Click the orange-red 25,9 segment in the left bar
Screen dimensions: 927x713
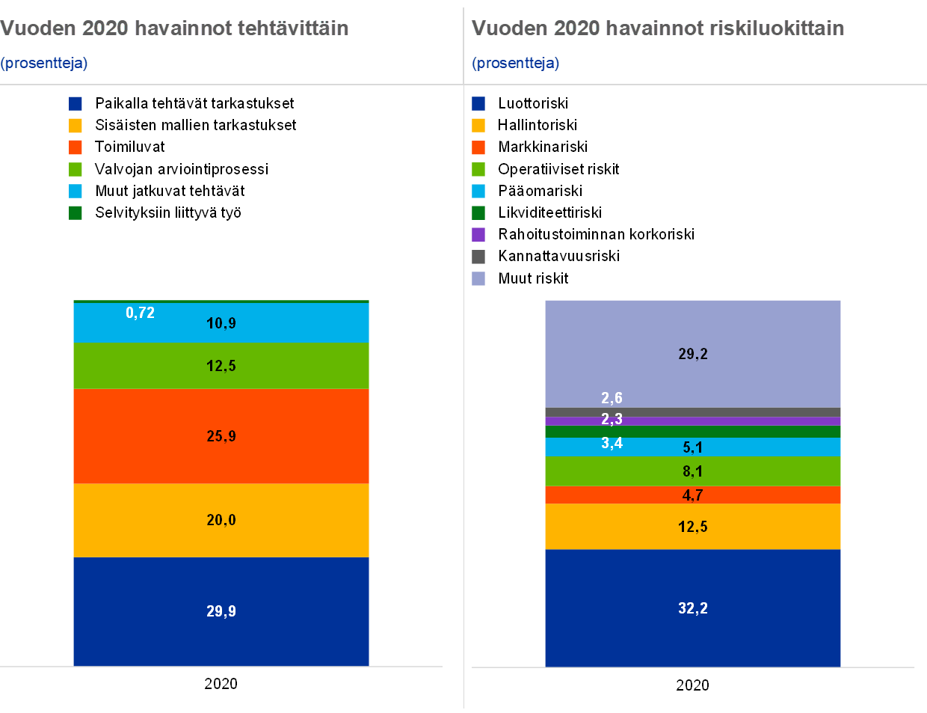pyautogui.click(x=221, y=436)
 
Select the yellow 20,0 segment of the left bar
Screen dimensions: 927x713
pyautogui.click(x=221, y=520)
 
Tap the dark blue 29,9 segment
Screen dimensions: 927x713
pyautogui.click(x=221, y=611)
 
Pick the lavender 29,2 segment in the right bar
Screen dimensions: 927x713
pyautogui.click(x=693, y=354)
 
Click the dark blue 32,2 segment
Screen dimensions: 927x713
pyautogui.click(x=693, y=608)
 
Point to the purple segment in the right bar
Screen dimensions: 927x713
pyautogui.click(x=693, y=421)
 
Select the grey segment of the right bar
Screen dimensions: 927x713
pyautogui.click(x=693, y=412)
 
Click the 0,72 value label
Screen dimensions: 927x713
pyautogui.click(x=140, y=313)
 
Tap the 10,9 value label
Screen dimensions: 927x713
pyautogui.click(x=221, y=323)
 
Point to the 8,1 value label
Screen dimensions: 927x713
pyautogui.click(x=693, y=471)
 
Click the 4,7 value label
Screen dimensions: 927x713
pyautogui.click(x=693, y=495)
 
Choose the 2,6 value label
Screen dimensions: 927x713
pyautogui.click(x=612, y=398)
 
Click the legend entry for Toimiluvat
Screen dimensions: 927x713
pyautogui.click(x=117, y=147)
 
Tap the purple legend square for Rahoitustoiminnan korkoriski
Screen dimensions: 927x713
pyautogui.click(x=478, y=234)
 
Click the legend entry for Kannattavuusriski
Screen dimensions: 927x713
pyautogui.click(x=546, y=256)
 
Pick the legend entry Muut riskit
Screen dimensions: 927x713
pyautogui.click(x=520, y=278)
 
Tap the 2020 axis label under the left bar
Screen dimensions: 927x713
pyautogui.click(x=221, y=684)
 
